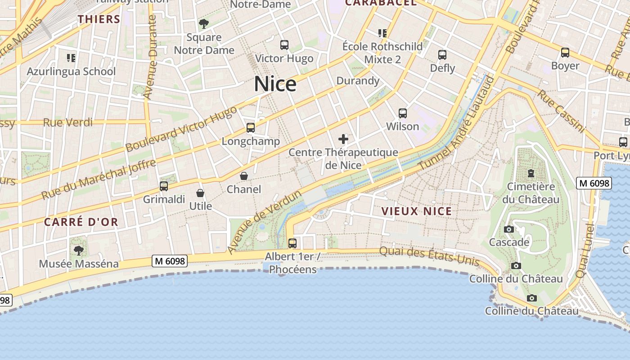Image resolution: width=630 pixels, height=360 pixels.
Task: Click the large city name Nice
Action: point(275,84)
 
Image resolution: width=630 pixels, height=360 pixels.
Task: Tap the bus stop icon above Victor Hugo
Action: point(284,45)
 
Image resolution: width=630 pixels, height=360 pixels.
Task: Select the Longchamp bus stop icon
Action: point(251,128)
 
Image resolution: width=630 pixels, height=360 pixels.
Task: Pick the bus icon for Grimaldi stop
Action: point(164,186)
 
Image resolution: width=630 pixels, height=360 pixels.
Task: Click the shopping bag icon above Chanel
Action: point(244,176)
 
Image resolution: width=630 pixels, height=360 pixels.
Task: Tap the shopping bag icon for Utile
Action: point(200,193)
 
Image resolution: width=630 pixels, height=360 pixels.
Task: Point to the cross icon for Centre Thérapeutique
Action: point(343,139)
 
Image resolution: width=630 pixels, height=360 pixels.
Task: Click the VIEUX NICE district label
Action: point(417,211)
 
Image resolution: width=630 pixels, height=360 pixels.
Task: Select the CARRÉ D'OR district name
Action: point(81,222)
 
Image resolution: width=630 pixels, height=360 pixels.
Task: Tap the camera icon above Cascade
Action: point(509,229)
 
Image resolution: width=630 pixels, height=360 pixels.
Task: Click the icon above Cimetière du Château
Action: point(531,173)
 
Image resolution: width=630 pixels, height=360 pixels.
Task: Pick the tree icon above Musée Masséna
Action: point(79,250)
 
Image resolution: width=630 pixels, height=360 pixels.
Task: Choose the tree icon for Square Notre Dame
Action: point(204,23)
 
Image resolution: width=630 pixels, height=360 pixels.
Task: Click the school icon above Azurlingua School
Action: point(71,58)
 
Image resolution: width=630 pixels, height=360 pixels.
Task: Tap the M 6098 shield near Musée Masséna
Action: point(170,261)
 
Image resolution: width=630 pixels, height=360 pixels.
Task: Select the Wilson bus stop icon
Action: point(403,113)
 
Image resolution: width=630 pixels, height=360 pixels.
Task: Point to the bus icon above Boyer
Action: point(565,52)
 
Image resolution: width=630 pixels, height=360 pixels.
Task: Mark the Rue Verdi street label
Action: point(68,122)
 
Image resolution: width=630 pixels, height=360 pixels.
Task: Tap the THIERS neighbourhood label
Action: point(99,19)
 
